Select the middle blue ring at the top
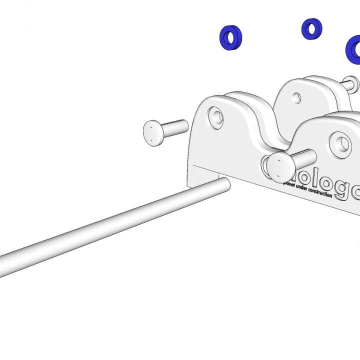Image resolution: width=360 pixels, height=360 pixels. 311,29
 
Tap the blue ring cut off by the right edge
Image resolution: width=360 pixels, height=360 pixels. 354,49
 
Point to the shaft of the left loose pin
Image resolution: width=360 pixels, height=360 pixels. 176,127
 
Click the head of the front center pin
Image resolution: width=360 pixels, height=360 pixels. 279,167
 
